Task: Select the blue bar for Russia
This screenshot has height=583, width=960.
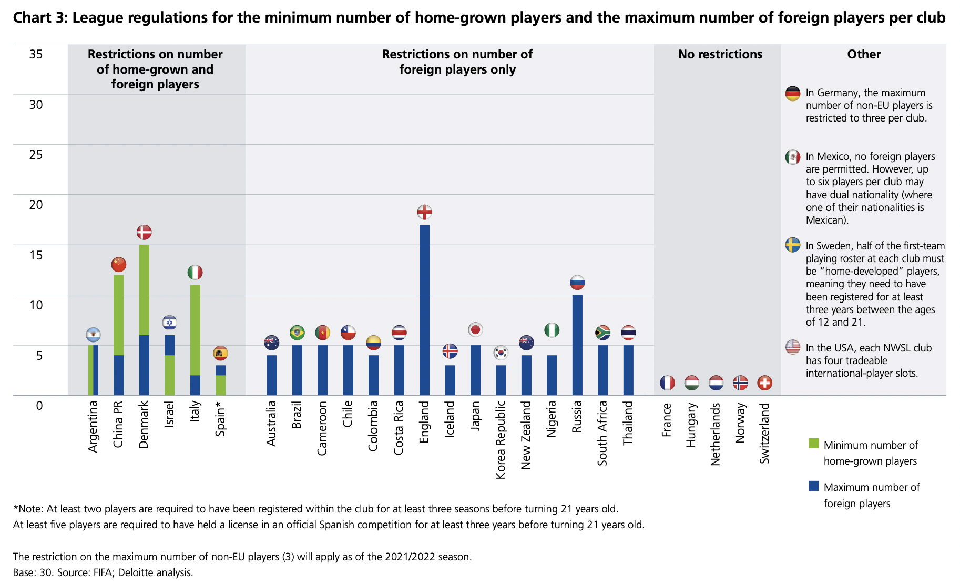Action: [x=577, y=345]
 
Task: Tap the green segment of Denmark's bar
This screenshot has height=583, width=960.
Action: [x=144, y=289]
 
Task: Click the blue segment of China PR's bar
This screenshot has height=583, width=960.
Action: [x=119, y=375]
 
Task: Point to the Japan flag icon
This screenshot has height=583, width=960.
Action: [x=475, y=330]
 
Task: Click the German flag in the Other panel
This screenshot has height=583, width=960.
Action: [x=792, y=94]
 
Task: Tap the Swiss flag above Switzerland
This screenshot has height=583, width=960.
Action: [x=764, y=383]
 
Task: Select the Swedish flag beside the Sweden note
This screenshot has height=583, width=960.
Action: [x=792, y=245]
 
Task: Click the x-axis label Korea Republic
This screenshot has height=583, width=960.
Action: [x=501, y=440]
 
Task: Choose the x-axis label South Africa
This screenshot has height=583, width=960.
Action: [x=602, y=433]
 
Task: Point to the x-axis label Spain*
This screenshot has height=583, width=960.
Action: [x=221, y=418]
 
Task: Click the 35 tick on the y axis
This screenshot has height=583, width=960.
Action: [x=36, y=54]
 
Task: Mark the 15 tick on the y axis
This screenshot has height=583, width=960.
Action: [x=36, y=255]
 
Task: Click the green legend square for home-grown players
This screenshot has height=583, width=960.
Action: [x=814, y=444]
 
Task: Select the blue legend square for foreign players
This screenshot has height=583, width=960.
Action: [x=814, y=486]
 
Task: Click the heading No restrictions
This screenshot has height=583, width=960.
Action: [x=720, y=54]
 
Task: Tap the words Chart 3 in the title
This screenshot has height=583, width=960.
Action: [x=40, y=18]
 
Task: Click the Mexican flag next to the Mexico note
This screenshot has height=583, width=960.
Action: [x=792, y=157]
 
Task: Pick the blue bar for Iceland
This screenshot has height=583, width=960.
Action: [x=450, y=380]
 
